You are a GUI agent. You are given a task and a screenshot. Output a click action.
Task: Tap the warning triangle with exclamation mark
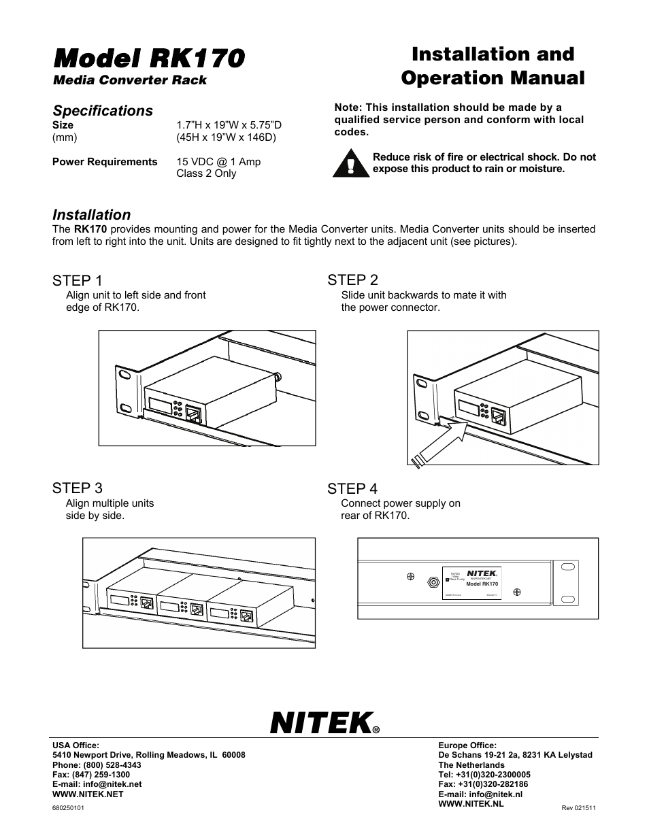coord(351,164)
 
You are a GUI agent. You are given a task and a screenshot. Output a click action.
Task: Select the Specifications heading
coord(103,111)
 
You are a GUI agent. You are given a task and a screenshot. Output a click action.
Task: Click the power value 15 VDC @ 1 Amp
coord(218,162)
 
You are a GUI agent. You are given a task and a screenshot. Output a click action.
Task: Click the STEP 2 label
coord(352,280)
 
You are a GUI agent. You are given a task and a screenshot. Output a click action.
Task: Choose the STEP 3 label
coord(78,488)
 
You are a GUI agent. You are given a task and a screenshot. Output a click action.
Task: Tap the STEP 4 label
coord(352,489)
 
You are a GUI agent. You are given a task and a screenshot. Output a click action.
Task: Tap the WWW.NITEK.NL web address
coord(471,803)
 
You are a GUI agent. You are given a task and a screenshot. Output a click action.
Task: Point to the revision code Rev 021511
coord(578,808)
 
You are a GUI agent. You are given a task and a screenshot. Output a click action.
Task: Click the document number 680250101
coord(68,807)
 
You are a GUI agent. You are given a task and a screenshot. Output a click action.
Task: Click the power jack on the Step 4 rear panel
coord(431,582)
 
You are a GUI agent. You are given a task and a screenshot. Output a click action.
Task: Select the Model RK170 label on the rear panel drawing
coord(482,584)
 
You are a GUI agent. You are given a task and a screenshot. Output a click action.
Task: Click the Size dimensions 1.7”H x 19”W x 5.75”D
coord(229,125)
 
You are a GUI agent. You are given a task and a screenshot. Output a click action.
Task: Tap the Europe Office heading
coord(467,745)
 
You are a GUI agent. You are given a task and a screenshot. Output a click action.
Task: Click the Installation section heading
coord(91,215)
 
